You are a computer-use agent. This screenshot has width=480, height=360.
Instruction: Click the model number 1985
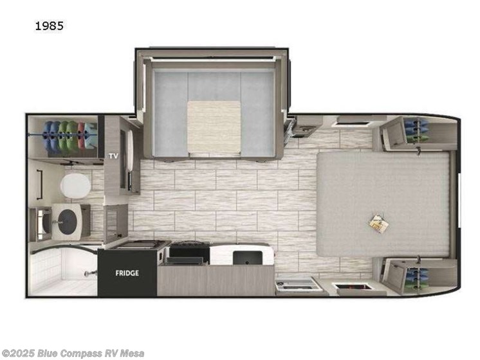[x=50, y=26]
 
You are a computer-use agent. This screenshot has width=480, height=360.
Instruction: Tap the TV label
[x=114, y=156]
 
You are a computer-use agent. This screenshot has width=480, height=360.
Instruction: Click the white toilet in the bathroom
[x=75, y=186]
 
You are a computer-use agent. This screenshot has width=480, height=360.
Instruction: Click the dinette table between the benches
[x=214, y=125]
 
